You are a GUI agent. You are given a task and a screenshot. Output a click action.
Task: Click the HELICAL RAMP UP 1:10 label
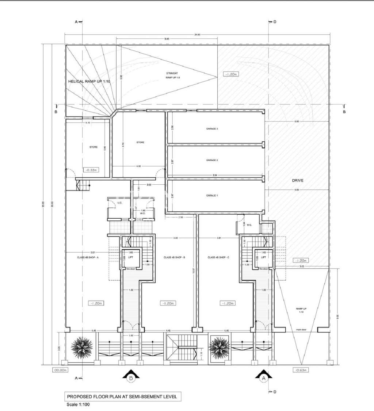(89, 82)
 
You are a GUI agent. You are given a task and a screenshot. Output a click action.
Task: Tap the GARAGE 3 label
(212, 129)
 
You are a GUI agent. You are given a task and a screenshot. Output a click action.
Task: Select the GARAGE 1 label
(212, 196)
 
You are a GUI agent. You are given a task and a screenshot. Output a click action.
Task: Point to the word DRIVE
(298, 181)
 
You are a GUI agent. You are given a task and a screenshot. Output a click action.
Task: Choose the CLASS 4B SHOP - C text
(218, 257)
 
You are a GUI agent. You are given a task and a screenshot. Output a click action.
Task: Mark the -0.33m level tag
(89, 170)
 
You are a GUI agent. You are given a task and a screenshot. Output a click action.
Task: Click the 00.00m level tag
(59, 370)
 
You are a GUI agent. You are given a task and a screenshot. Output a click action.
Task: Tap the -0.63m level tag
(301, 370)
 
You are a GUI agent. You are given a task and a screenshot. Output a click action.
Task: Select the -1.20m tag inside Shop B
(168, 303)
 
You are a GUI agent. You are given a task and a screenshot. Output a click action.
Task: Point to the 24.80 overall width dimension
(197, 35)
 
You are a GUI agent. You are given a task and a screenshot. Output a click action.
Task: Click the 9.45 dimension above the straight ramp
(167, 39)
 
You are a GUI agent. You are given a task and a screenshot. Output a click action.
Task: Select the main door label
(301, 330)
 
